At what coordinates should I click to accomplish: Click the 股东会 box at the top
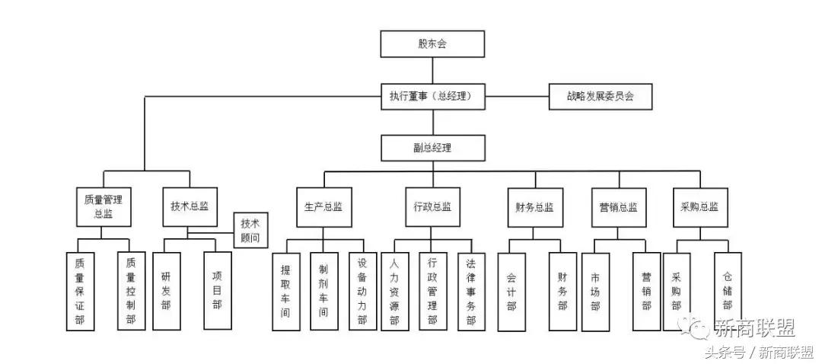432,44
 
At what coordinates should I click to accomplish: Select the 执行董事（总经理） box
432,97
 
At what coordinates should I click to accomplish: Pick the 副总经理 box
432,148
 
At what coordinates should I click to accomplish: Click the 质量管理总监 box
104,206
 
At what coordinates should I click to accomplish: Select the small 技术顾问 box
250,230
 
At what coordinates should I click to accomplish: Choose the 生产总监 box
323,206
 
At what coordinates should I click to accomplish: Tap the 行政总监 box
432,206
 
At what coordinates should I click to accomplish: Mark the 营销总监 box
617,206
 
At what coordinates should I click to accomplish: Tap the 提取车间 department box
285,292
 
